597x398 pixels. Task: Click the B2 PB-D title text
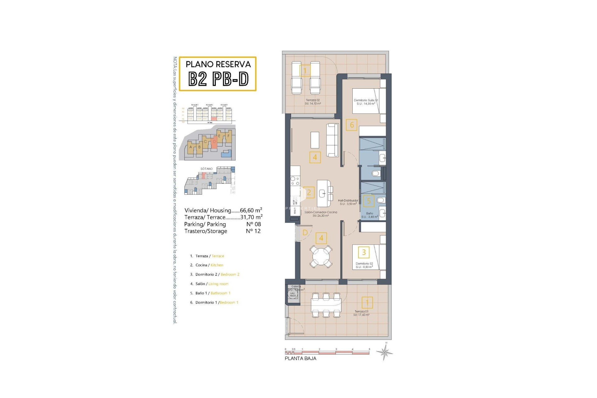pos(218,79)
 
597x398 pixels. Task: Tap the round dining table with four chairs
pos(321,256)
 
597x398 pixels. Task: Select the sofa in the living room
pos(332,140)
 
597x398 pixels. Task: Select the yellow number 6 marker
pos(352,125)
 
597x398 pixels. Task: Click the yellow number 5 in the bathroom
pos(369,201)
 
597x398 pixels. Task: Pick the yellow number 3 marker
pos(364,252)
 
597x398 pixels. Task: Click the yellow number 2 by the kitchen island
pos(308,192)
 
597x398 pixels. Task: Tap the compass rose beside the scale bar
pos(385,352)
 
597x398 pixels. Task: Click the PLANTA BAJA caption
pos(300,358)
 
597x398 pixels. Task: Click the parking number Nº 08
pos(253,224)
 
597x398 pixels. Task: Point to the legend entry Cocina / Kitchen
pos(207,265)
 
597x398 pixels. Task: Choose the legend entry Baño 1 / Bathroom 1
pos(210,293)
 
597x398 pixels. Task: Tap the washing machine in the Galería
pos(293,294)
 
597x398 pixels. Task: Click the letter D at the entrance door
pos(305,233)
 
